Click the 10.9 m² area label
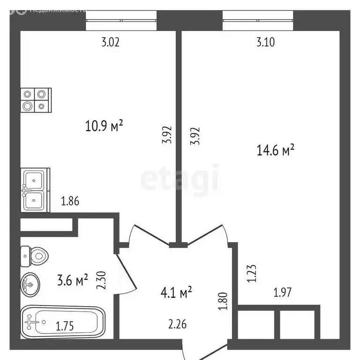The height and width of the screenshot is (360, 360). point(104,126)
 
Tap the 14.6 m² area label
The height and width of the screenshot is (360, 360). point(275,150)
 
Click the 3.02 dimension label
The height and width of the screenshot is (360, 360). point(111,43)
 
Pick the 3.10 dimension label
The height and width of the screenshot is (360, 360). point(265,43)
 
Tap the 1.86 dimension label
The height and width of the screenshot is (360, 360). point(70,202)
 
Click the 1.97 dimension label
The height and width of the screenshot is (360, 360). point(283,294)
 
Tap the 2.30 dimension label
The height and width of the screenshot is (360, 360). point(100,280)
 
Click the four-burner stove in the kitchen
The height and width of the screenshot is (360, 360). point(36,100)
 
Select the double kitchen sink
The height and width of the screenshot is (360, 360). point(34,190)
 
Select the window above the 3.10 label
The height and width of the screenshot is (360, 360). point(258,20)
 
